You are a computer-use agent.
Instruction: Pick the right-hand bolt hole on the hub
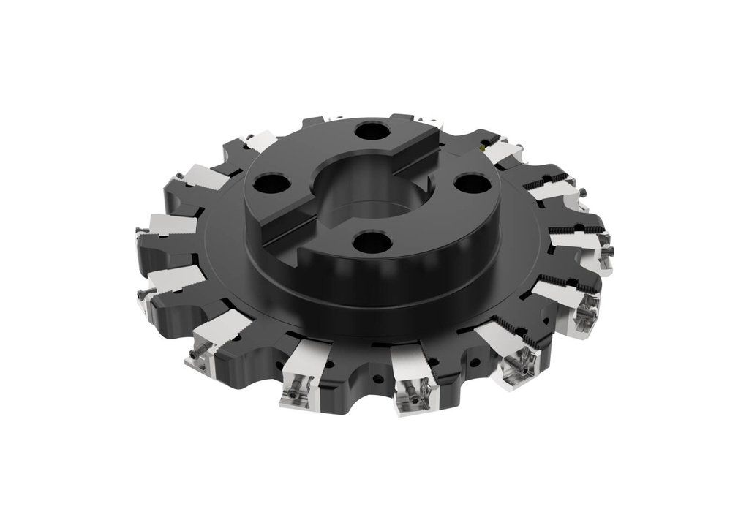(473, 183)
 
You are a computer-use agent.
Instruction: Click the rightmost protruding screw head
(609, 251)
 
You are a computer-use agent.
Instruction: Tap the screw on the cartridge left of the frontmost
(296, 393)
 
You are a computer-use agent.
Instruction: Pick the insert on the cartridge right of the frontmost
(517, 365)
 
